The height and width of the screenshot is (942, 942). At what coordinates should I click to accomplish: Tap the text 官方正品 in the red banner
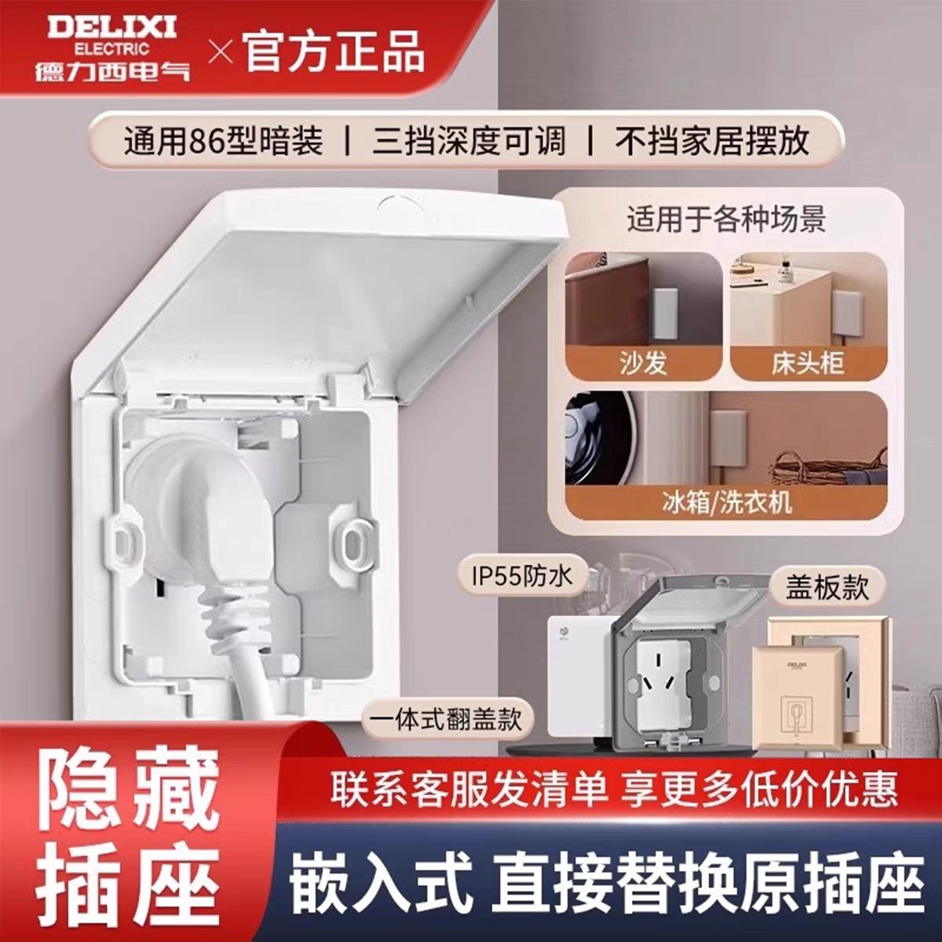334,52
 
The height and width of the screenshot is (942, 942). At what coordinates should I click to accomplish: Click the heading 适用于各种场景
726,219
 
